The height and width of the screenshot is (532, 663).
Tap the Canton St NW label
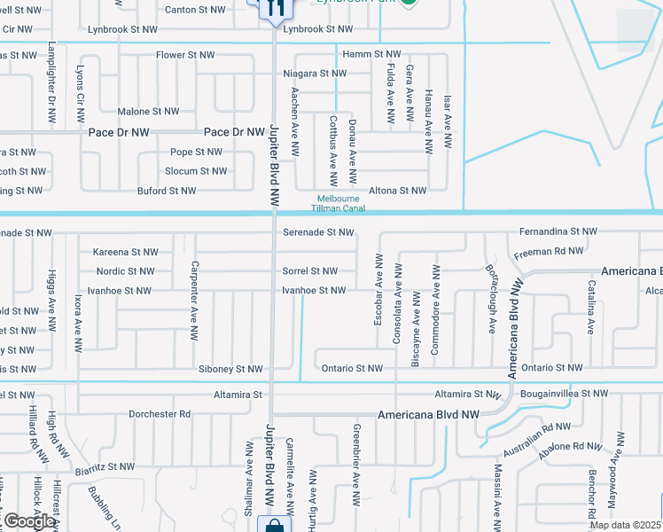pyautogui.click(x=195, y=11)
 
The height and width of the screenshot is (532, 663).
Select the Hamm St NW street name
pyautogui.click(x=371, y=55)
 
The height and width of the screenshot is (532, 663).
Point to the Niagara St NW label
pyautogui.click(x=314, y=74)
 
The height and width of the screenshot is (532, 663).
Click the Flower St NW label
pyautogui.click(x=185, y=55)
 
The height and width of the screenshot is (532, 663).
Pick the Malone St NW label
pyautogui.click(x=148, y=112)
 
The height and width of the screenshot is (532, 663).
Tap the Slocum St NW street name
pyautogui.click(x=196, y=171)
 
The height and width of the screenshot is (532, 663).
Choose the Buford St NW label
pyautogui.click(x=167, y=191)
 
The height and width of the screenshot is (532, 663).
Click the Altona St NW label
pyautogui.click(x=398, y=191)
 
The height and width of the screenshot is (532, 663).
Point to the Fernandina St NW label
pyautogui.click(x=558, y=231)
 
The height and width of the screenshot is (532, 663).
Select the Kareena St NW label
pyautogui.click(x=126, y=252)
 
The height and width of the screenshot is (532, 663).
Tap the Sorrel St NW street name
pyautogui.click(x=309, y=271)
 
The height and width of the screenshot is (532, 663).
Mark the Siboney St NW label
pyautogui.click(x=231, y=369)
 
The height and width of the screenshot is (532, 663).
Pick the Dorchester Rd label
pyautogui.click(x=160, y=414)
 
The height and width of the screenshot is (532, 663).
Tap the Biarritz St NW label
pyautogui.click(x=105, y=466)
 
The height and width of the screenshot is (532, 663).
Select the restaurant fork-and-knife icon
pyautogui.click(x=274, y=6)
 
